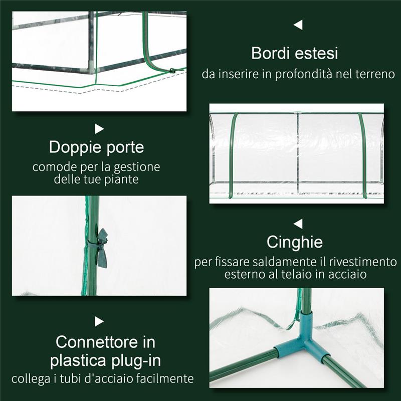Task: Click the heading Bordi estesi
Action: [x=295, y=54]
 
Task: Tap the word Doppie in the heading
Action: [x=72, y=147]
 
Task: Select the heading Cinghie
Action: [x=295, y=242]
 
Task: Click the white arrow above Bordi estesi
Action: [x=298, y=25]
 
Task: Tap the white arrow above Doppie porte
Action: [x=99, y=129]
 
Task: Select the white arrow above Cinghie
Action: [x=298, y=224]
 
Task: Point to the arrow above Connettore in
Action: [x=99, y=321]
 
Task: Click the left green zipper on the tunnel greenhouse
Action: [x=232, y=155]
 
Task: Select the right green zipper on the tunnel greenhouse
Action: [x=363, y=155]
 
